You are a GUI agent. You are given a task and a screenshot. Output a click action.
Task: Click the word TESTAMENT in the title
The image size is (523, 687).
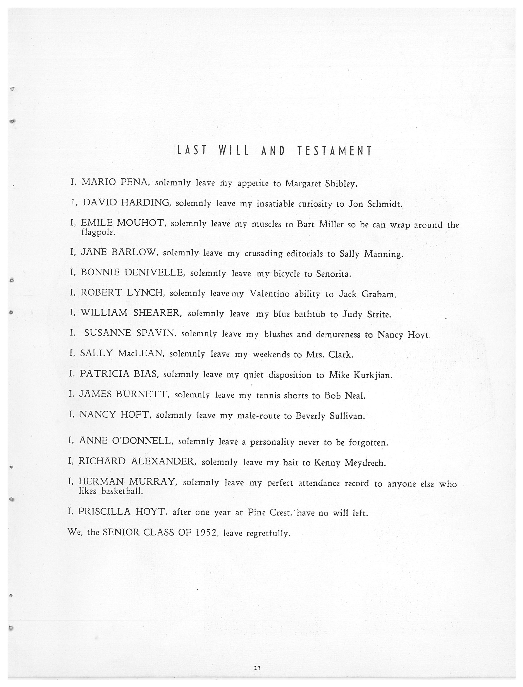click(x=334, y=151)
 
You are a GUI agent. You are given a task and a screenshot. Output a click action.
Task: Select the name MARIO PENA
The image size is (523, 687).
click(x=114, y=182)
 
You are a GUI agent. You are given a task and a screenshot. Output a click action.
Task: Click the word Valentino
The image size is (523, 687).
click(x=270, y=294)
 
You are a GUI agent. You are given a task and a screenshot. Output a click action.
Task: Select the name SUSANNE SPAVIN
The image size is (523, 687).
click(x=130, y=333)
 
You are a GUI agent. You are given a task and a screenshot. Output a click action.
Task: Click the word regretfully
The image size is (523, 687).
click(x=268, y=533)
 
